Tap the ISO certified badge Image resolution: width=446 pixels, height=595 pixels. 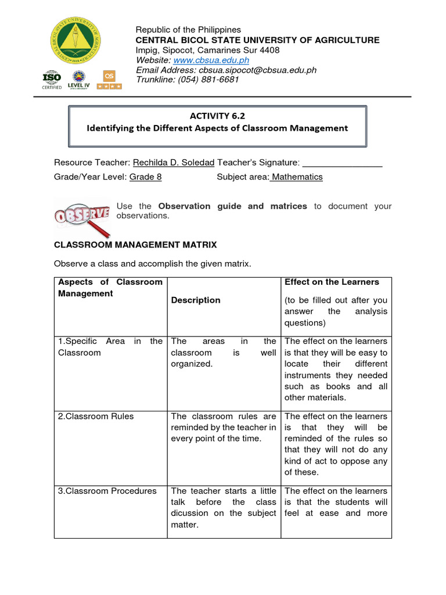(51, 80)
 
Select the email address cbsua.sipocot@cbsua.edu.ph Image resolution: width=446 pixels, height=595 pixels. (250, 70)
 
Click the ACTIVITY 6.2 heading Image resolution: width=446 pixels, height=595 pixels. (217, 116)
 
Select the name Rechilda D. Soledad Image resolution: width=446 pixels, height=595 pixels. (174, 162)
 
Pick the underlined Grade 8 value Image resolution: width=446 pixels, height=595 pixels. (145, 177)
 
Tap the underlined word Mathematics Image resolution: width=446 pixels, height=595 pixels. (296, 177)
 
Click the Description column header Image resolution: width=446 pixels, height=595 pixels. (196, 300)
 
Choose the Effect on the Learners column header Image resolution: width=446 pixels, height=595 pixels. (331, 282)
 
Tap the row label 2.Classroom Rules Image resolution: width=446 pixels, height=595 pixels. (95, 416)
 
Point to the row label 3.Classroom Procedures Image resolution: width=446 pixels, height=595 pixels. (107, 491)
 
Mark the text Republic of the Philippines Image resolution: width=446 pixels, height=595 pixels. (188, 30)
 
